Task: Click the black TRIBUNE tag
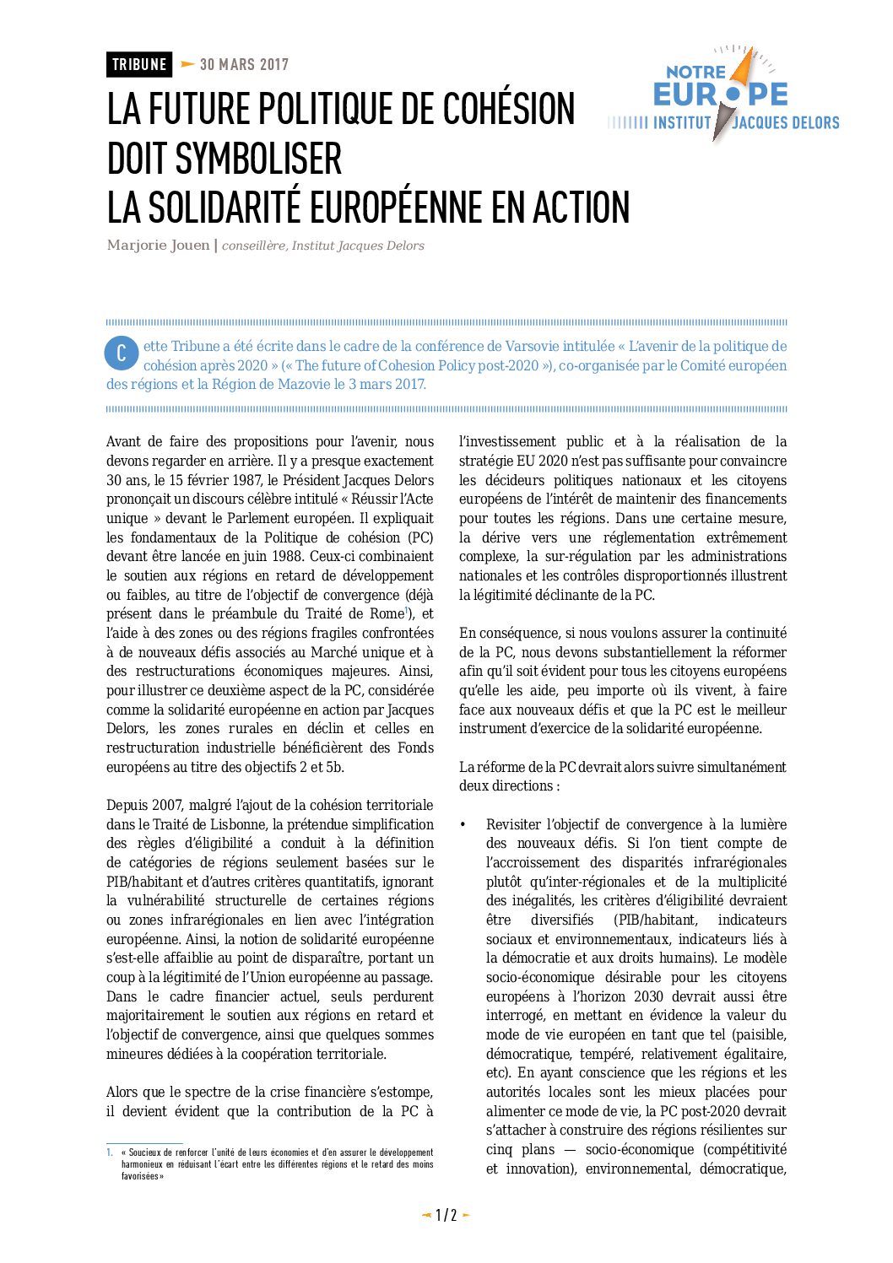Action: click(139, 65)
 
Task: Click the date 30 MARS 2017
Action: click(244, 65)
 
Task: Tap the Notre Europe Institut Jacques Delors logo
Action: click(723, 95)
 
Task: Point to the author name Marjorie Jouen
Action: click(158, 246)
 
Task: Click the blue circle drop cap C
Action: click(122, 354)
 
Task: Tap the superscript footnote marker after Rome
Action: click(407, 610)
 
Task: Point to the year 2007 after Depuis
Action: click(167, 806)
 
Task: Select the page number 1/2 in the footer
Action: click(446, 1216)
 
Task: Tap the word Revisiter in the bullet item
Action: click(513, 824)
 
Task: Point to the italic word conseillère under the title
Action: click(253, 246)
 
